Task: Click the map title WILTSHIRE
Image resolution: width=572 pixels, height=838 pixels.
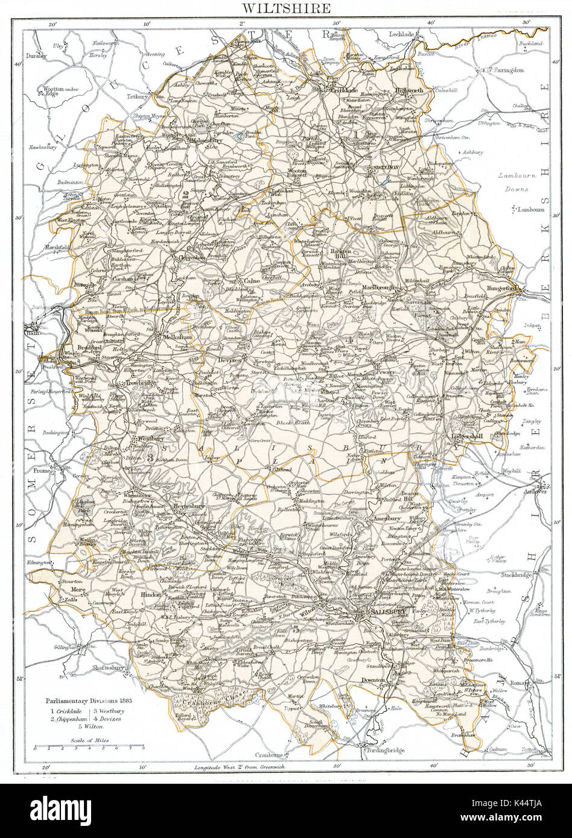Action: (x=286, y=8)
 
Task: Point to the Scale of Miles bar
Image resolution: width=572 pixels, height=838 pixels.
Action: (x=89, y=746)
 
